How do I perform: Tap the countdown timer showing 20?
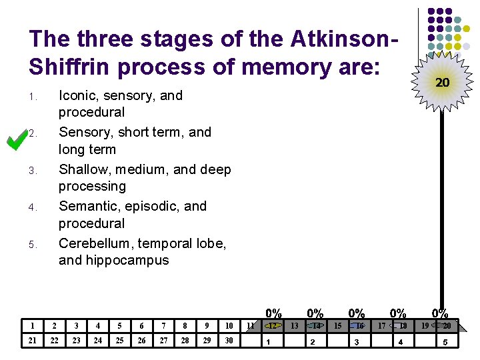[441, 83]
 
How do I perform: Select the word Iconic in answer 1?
[80, 95]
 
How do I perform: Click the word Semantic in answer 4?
[88, 206]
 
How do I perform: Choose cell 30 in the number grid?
[229, 341]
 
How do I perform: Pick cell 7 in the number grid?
[163, 326]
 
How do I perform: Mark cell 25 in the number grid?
[120, 341]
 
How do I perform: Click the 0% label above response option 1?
[274, 313]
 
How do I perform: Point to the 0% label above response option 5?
[440, 313]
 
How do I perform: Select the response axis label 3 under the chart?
[357, 342]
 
